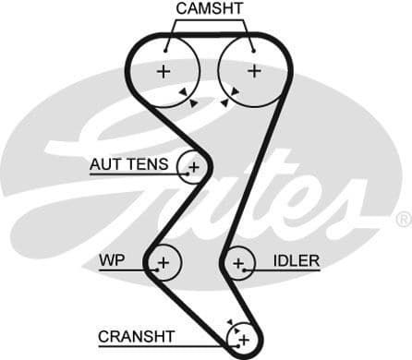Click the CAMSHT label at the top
coord(210,8)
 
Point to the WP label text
coord(111,261)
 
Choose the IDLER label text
coord(297,261)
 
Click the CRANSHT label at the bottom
coord(136,337)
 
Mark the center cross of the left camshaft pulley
coord(164,71)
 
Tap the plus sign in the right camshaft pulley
coord(254,71)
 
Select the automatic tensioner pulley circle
coord(193,167)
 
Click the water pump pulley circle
coord(164,264)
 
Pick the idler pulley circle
coord(238,265)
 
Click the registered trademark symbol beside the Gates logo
coord(403,220)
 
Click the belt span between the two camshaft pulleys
coord(210,37)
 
